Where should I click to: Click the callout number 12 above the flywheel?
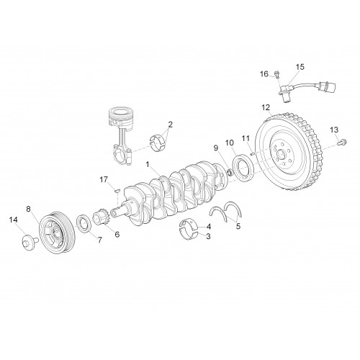(266, 107)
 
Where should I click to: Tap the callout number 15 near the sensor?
(300, 67)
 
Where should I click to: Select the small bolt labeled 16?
(277, 75)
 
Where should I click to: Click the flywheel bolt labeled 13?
(342, 143)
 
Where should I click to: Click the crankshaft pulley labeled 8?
(57, 232)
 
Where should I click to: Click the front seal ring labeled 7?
(84, 224)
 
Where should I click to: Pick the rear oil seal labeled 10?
(243, 168)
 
